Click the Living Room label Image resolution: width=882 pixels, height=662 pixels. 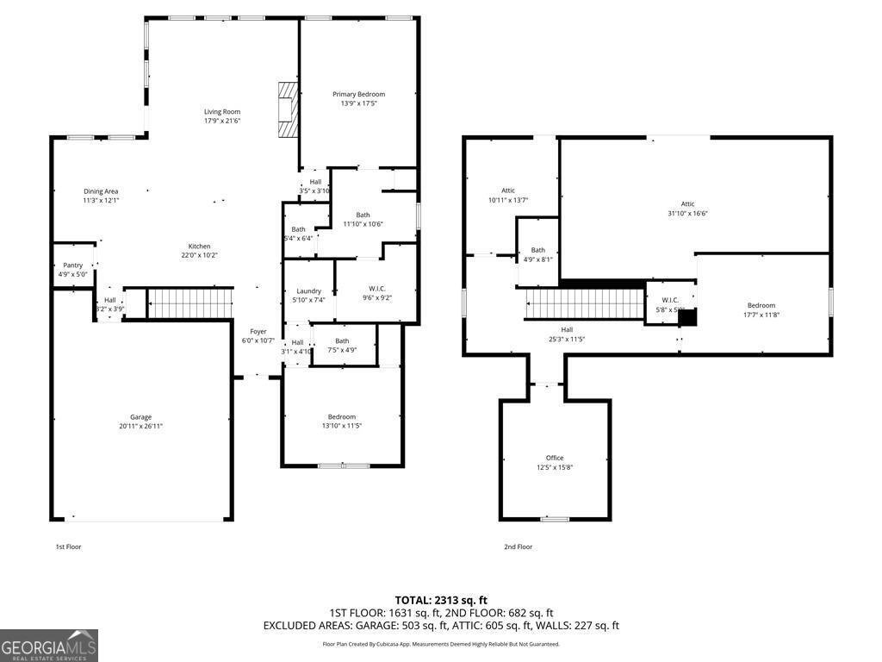pos(221,111)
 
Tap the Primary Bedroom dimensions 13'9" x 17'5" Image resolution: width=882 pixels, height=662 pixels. pos(358,103)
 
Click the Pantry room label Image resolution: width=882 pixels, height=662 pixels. pos(72,265)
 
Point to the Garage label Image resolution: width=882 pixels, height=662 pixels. pos(140,417)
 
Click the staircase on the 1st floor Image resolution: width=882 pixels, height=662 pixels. pos(190,303)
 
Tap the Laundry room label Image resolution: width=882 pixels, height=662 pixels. pos(308,291)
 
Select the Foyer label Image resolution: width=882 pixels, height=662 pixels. pos(258,331)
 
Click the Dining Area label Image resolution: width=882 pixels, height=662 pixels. pos(101,191)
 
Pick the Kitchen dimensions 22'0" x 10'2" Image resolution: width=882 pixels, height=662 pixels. pos(199,255)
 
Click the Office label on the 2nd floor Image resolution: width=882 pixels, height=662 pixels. pos(554,458)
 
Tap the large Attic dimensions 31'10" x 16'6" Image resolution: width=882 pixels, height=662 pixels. pos(687,214)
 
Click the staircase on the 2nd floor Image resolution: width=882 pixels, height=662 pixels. pos(585,303)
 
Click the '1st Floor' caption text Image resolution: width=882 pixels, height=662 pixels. pos(68,546)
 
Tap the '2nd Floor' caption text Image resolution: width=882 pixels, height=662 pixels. pos(518,546)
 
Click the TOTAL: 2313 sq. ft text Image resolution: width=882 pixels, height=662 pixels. pos(441,600)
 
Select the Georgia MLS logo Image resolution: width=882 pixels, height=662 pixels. pos(49,646)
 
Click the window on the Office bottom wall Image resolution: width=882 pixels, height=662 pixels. pos(554,519)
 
